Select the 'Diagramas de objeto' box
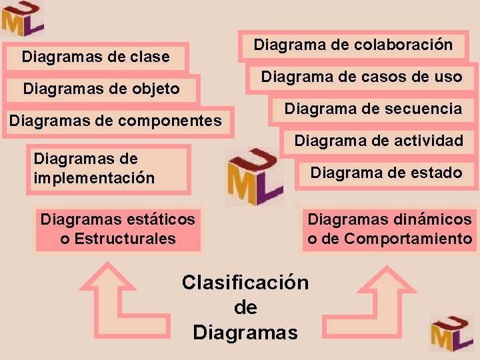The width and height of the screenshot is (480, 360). point(101,89)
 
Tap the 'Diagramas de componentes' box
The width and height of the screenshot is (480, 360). point(115,121)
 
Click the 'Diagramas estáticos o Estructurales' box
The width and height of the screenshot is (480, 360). point(118,229)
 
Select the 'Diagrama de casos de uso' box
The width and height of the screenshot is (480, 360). point(361,77)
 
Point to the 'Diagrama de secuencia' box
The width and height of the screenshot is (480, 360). point(373,109)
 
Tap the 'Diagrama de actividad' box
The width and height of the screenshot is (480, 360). point(378,141)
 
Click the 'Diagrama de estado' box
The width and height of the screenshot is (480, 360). point(386,173)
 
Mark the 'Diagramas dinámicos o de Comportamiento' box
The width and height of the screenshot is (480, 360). point(389,229)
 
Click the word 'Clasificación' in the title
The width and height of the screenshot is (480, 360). point(245,283)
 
